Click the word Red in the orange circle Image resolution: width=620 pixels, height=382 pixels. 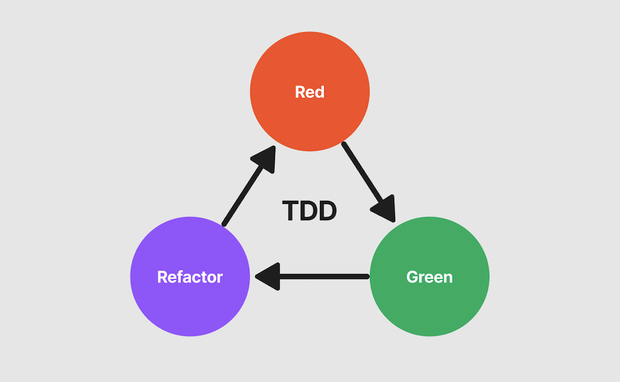pos(309,92)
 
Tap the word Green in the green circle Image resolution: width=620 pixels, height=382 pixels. pos(429,277)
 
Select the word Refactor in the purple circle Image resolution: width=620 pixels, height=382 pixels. pos(190,277)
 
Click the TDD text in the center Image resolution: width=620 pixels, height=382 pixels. pos(309,211)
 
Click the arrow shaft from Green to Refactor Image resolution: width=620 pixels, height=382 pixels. pos(322,277)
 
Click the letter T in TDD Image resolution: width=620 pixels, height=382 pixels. pos(291,211)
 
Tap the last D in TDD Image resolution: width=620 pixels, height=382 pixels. pos(327,211)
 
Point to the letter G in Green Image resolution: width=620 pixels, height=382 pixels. pos(412,277)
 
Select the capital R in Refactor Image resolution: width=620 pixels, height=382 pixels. pos(162,277)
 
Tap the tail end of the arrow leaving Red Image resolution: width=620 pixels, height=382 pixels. pos(345,145)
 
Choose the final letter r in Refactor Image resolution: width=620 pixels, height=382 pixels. pos(219,277)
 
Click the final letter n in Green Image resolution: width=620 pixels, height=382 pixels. pos(448,277)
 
